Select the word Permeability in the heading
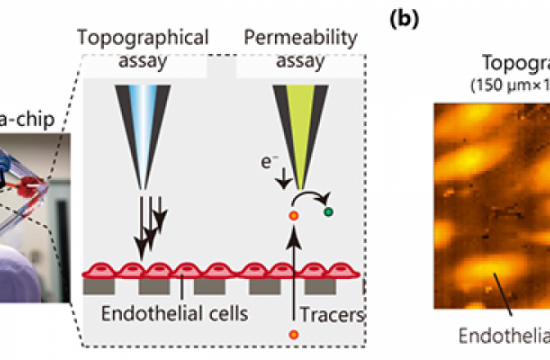[x=288, y=39]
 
